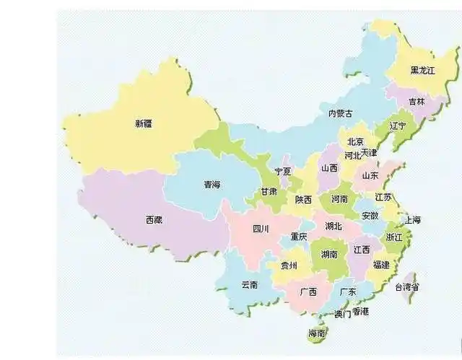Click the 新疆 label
144,123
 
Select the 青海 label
212,185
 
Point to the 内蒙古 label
341,113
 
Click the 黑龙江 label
423,70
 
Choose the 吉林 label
417,102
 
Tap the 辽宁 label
398,125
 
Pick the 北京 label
355,141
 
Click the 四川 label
260,229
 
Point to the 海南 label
317,333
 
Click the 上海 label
413,219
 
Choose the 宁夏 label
283,171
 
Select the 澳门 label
343,315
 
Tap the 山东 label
370,175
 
